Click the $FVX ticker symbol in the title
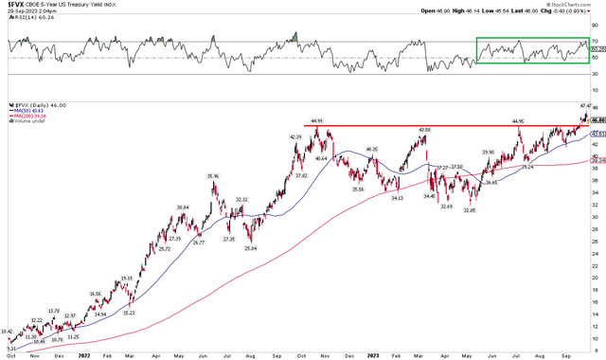coord(12,5)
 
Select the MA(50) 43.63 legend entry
coord(29,110)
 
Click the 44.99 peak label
coord(313,120)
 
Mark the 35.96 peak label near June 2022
coord(214,176)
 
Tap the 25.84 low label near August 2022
coord(251,247)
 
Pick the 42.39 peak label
coord(295,136)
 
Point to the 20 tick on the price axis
coord(597,278)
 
